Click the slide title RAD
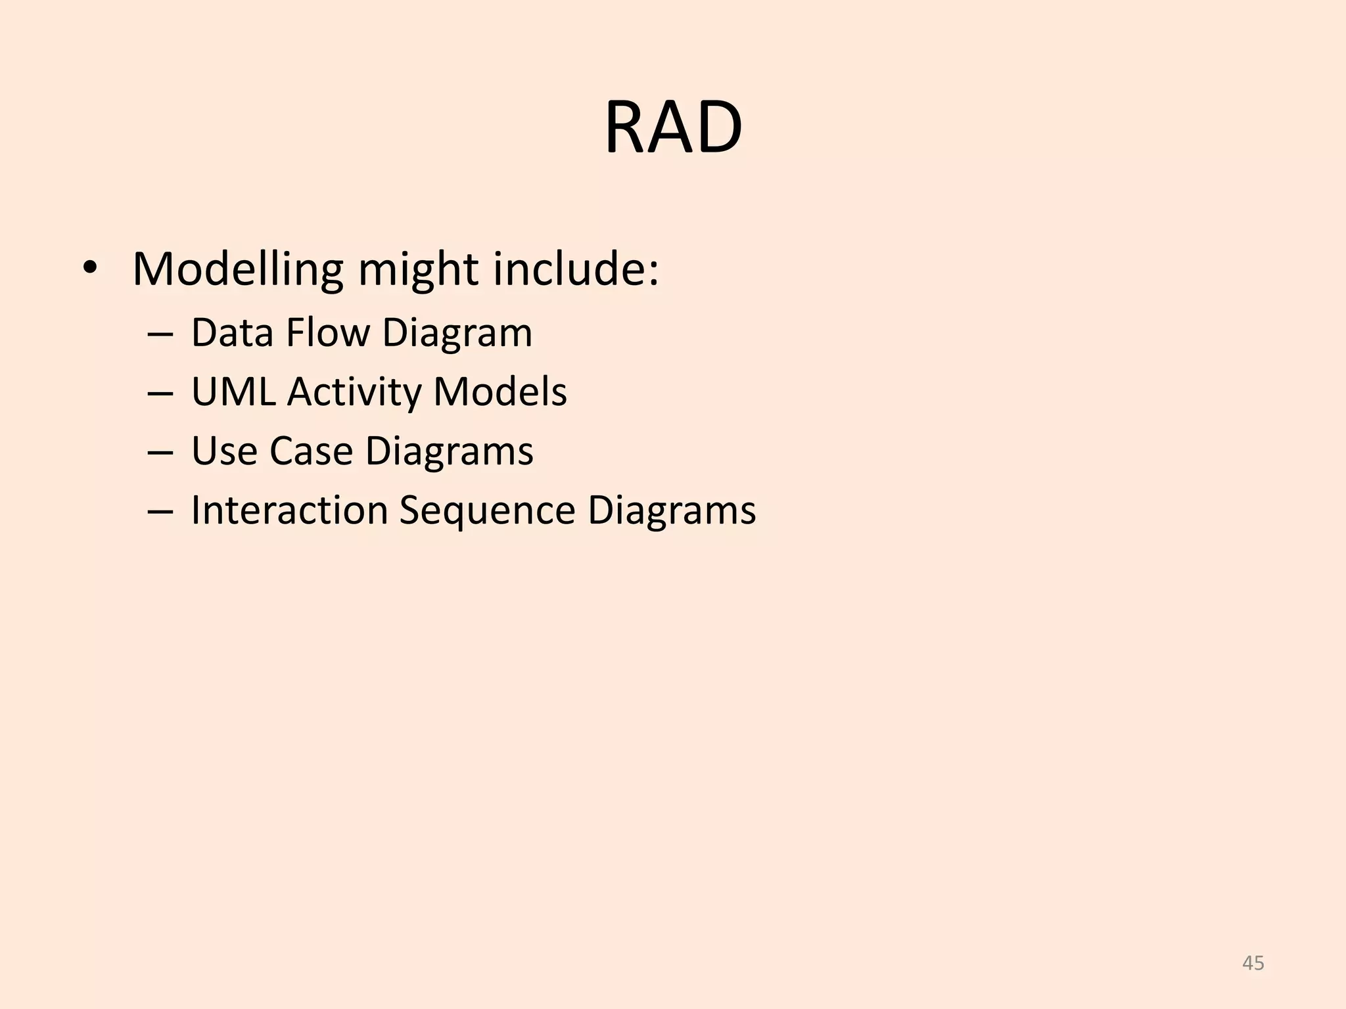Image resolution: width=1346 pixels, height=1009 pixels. coord(673,127)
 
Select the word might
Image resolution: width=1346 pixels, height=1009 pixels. coord(418,269)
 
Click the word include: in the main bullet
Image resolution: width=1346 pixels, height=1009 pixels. coord(576,269)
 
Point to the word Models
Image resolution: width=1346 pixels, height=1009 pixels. coord(499,392)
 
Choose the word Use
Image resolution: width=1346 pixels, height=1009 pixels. coord(224,451)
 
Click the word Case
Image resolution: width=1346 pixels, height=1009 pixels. coord(311,451)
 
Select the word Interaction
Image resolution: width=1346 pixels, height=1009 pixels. coord(289,510)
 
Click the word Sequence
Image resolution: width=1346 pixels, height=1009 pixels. coord(487,511)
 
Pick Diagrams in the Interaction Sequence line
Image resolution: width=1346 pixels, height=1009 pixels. coord(672,511)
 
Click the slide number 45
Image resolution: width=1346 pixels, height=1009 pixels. coord(1253,963)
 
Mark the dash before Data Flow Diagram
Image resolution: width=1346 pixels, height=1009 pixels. coord(160,334)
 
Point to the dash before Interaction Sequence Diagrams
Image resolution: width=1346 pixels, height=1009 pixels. coord(160,512)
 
